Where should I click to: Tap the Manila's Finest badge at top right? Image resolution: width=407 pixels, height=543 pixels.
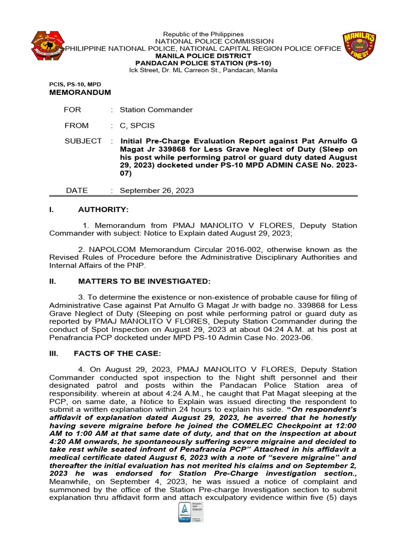coord(359,46)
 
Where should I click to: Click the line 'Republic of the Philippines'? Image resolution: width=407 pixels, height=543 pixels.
coord(203,34)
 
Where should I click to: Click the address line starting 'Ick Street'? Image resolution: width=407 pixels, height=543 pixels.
coord(203,70)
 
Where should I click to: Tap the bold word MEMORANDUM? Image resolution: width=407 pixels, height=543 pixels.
coord(80,92)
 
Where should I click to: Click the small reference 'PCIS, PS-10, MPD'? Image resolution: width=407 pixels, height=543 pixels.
coord(75,84)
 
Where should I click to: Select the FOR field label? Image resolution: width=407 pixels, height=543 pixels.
coord(74,110)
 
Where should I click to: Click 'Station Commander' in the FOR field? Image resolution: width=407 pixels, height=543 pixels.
coord(156,110)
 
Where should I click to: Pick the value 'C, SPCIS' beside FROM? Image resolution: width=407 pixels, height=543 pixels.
coord(137,126)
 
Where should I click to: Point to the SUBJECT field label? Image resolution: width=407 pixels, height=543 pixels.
coord(83,141)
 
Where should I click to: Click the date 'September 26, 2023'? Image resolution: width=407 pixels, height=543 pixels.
coord(157,190)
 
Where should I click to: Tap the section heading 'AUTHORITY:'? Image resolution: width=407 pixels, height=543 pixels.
coord(103,210)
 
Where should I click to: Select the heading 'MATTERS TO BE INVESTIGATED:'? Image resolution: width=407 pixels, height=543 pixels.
coord(144,281)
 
